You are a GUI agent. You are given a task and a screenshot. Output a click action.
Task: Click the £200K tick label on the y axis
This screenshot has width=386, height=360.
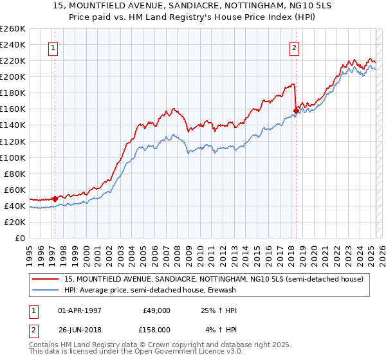(x=13, y=76)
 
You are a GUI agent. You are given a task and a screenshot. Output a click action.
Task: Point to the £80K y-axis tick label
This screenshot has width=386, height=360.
(x=15, y=174)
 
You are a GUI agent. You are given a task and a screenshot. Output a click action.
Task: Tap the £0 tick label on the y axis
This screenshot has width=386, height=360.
(x=20, y=238)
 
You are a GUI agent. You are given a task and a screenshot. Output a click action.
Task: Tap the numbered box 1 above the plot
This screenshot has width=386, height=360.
(x=53, y=47)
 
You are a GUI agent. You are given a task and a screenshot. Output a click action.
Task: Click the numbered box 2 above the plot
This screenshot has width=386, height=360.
(x=294, y=47)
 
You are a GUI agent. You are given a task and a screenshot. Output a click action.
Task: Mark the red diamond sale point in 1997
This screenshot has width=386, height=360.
(x=55, y=199)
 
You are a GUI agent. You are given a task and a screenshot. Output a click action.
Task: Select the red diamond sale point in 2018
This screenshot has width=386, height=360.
(x=296, y=111)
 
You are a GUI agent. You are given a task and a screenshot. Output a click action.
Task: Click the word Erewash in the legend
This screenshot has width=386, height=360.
(x=226, y=291)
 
